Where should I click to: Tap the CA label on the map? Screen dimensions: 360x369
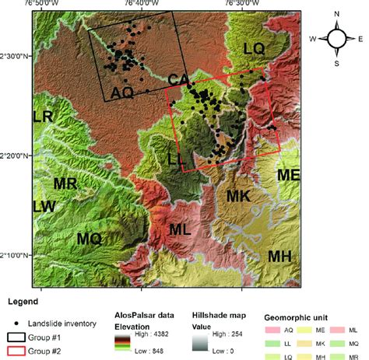[178, 81]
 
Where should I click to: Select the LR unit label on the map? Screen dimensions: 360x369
[43, 117]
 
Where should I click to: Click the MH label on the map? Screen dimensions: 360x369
[279, 256]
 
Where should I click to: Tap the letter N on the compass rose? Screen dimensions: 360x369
[336, 14]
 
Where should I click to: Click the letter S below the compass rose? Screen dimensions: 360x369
[336, 63]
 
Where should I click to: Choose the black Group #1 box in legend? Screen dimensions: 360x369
[19, 337]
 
